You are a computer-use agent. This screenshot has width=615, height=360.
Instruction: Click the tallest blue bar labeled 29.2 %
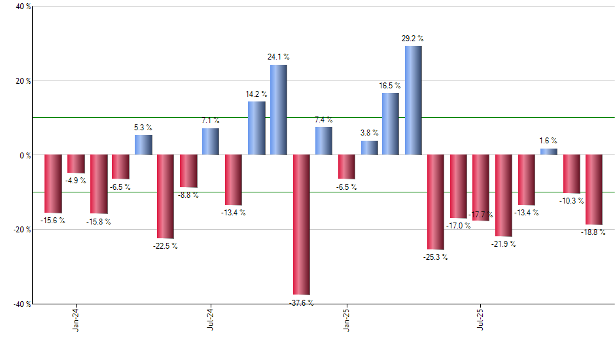pyautogui.click(x=413, y=100)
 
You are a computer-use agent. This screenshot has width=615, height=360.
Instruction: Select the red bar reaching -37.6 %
pyautogui.click(x=301, y=225)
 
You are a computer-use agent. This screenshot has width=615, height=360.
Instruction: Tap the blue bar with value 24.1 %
pyautogui.click(x=279, y=110)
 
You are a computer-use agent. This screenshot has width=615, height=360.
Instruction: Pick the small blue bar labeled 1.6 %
pyautogui.click(x=549, y=152)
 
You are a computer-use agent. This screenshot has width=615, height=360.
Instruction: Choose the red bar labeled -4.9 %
pyautogui.click(x=76, y=164)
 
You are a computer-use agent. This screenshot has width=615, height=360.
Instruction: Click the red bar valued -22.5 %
pyautogui.click(x=165, y=196)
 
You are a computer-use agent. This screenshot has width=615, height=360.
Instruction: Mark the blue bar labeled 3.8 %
pyautogui.click(x=369, y=148)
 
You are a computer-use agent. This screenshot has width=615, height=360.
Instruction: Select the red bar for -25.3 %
pyautogui.click(x=436, y=202)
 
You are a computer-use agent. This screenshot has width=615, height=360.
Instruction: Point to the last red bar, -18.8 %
pyautogui.click(x=593, y=190)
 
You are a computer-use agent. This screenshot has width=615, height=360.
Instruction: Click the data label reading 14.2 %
pyautogui.click(x=256, y=94)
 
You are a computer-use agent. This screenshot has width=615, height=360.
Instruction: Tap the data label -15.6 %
pyautogui.click(x=53, y=221)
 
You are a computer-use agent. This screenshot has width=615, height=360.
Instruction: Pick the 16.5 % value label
pyautogui.click(x=391, y=86)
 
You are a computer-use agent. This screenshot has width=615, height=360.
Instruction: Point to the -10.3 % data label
pyautogui.click(x=571, y=200)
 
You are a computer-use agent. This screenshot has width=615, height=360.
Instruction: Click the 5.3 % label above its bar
pyautogui.click(x=143, y=127)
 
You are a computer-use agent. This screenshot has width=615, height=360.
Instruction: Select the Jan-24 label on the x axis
pyautogui.click(x=76, y=319)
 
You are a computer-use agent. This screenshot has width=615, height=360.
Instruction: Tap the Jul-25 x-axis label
pyautogui.click(x=481, y=319)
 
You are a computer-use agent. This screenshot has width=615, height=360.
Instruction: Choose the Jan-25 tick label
pyautogui.click(x=346, y=319)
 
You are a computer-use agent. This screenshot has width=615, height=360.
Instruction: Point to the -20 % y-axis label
pyautogui.click(x=22, y=230)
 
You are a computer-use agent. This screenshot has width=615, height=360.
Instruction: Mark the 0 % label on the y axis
pyautogui.click(x=25, y=156)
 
